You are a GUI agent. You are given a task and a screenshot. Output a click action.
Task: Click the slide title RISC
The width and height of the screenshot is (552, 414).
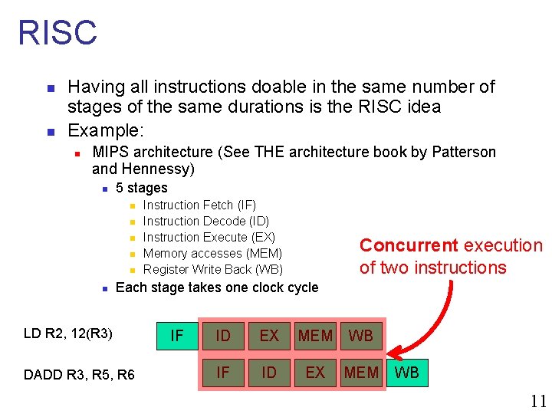click(58, 33)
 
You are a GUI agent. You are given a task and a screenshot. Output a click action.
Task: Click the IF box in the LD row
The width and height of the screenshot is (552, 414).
click(176, 336)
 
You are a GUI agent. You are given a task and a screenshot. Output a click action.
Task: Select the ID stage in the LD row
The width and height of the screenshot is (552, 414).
click(223, 336)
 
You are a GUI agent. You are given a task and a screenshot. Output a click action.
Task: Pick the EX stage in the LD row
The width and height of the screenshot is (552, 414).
click(269, 336)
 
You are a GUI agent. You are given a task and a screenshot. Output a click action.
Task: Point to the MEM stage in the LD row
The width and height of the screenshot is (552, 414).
click(315, 336)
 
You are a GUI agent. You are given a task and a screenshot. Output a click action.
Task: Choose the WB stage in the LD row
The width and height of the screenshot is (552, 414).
click(361, 336)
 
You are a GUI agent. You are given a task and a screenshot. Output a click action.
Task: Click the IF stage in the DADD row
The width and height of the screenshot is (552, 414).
click(223, 373)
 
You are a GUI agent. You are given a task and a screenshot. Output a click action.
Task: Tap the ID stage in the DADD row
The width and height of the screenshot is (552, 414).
click(269, 373)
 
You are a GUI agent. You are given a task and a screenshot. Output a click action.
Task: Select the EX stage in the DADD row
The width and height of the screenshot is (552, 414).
click(315, 373)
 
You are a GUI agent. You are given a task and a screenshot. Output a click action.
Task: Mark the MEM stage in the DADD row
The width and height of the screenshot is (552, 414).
click(361, 373)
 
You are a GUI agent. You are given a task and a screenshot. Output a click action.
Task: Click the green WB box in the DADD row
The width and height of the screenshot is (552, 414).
click(406, 373)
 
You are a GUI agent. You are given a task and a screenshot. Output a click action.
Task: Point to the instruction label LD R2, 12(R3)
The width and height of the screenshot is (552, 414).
click(68, 333)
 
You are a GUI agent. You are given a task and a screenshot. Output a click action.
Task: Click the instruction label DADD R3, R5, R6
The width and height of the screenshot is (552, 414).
click(79, 374)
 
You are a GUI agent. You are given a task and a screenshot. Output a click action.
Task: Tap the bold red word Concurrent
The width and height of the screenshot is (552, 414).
click(408, 245)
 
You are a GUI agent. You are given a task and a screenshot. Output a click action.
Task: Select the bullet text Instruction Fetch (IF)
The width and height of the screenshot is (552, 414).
click(199, 205)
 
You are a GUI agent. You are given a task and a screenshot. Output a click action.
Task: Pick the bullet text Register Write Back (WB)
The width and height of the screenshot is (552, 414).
click(213, 269)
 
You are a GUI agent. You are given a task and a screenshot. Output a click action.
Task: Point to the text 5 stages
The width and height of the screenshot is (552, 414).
click(141, 188)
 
